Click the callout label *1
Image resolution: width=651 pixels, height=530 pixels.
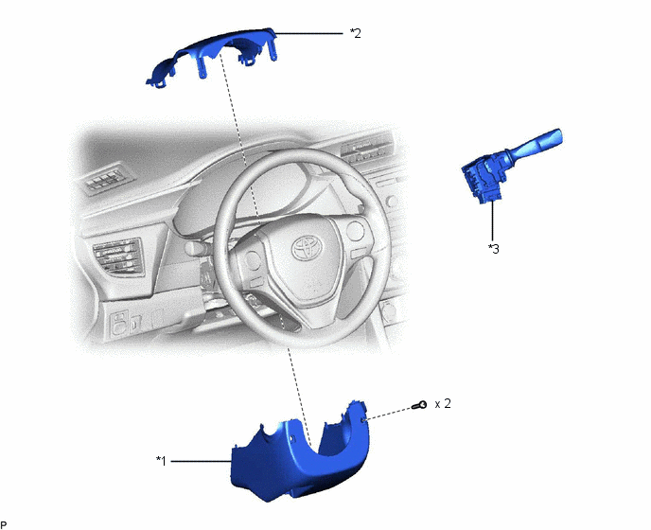[x=161, y=461]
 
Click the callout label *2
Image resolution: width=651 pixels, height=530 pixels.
[x=356, y=33]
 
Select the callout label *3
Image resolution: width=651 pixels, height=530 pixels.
[x=494, y=248]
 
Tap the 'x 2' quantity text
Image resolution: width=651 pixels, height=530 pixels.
[x=443, y=404]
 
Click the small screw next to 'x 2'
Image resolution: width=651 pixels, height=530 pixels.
[x=419, y=405]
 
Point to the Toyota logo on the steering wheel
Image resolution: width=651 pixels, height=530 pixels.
[x=308, y=248]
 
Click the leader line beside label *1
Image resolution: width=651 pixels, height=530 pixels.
[x=201, y=461]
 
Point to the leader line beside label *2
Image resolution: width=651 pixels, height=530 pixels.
[x=308, y=33]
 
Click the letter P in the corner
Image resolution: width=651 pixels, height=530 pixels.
[x=4, y=525]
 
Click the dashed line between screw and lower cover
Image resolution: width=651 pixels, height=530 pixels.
[x=389, y=413]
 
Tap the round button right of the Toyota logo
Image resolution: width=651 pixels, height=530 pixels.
[x=355, y=231]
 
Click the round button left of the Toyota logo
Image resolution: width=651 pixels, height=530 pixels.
[x=253, y=260]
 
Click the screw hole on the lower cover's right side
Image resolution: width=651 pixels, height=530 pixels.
[x=363, y=420]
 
